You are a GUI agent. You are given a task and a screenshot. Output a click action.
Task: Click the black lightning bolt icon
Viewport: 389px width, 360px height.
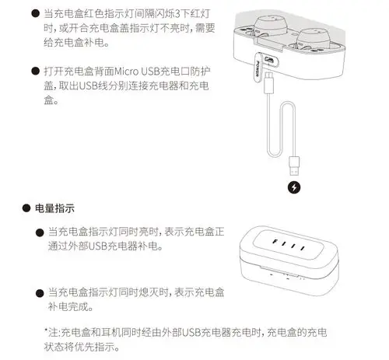coord(293,187)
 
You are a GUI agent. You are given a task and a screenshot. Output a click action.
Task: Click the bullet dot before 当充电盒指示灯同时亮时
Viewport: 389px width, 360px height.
coord(38,232)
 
